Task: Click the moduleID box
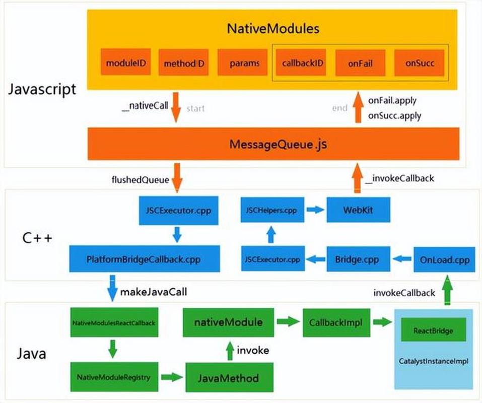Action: tap(126, 63)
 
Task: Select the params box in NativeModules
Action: tap(244, 63)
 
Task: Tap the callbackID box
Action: tap(302, 63)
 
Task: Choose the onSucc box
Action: tap(420, 63)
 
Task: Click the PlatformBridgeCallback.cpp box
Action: tap(145, 259)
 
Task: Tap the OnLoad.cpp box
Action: tap(445, 259)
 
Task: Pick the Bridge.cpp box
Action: tap(357, 259)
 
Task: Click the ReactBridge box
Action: tap(433, 330)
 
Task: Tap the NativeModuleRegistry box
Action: tap(113, 377)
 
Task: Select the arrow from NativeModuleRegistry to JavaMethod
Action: tap(171, 377)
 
